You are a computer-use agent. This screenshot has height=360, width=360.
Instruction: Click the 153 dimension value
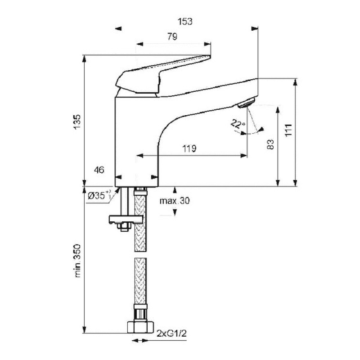point(185,22)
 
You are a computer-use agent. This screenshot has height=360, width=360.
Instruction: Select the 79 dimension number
point(172,36)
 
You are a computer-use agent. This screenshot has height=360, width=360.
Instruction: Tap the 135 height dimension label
point(77,122)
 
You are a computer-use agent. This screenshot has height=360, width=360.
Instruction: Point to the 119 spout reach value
point(189,148)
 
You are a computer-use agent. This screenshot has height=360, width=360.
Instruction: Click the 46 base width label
point(99,170)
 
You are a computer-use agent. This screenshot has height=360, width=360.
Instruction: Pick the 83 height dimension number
point(271,144)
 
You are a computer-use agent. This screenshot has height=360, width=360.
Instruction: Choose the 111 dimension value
point(288,130)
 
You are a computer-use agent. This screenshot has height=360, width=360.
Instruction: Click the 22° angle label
point(238,124)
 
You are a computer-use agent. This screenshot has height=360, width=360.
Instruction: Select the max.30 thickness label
point(175,201)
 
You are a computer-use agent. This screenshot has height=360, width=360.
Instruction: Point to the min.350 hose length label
point(77,261)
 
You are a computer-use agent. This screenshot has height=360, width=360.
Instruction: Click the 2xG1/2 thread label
point(172,333)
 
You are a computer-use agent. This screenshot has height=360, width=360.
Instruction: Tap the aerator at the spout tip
point(247,103)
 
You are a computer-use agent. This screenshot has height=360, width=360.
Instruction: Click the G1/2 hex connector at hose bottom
point(140,328)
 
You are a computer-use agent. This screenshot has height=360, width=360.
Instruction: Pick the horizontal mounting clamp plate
point(126,219)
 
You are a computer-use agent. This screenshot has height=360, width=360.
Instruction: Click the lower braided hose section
point(140,281)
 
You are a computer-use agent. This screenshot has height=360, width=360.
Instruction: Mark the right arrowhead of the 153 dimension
point(255,29)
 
